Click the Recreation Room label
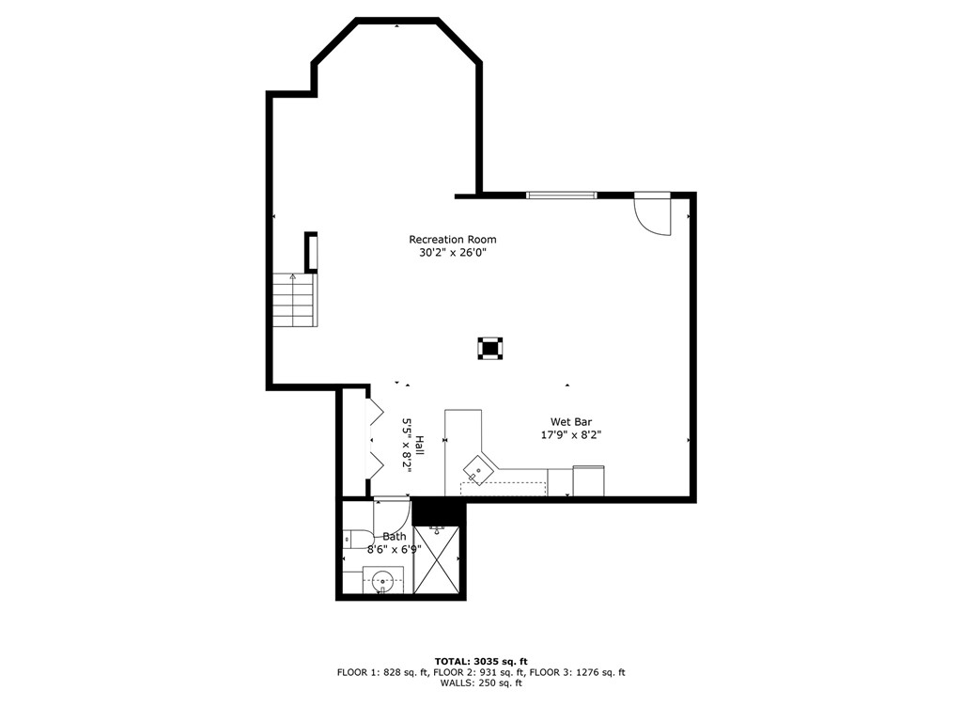tap(452, 240)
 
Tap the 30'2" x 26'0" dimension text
tap(453, 252)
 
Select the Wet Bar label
tap(570, 422)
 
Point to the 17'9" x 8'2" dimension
tap(570, 434)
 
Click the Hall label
tap(420, 445)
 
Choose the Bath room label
tap(394, 536)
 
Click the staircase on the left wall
tap(295, 300)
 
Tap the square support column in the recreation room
tap(490, 348)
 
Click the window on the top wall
tap(562, 196)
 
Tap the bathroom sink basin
tap(383, 579)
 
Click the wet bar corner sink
tap(478, 470)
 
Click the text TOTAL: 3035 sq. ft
tap(481, 661)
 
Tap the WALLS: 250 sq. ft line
tap(481, 683)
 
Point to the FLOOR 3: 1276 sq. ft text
tap(578, 672)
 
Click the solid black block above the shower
tap(439, 510)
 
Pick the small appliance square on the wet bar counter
tap(588, 480)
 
